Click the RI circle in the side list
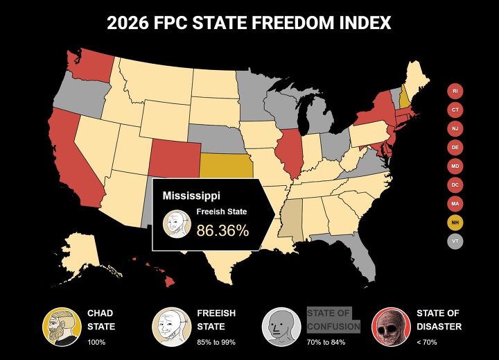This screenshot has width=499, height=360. coord(455,91)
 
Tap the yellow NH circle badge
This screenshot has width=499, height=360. coord(455,223)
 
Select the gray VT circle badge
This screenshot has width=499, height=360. coord(455,241)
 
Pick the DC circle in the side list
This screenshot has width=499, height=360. coord(455,185)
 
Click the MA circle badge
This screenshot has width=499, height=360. coord(455,204)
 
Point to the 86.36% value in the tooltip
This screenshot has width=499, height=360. coord(222,230)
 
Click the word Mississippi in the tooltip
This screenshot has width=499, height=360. coord(191,196)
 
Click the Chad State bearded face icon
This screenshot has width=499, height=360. coord(59,325)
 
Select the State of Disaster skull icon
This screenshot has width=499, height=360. coord(389,325)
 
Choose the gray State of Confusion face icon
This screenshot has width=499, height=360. coord(279,325)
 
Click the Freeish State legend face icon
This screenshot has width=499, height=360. coord(168,325)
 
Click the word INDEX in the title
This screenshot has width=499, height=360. coord(358,24)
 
